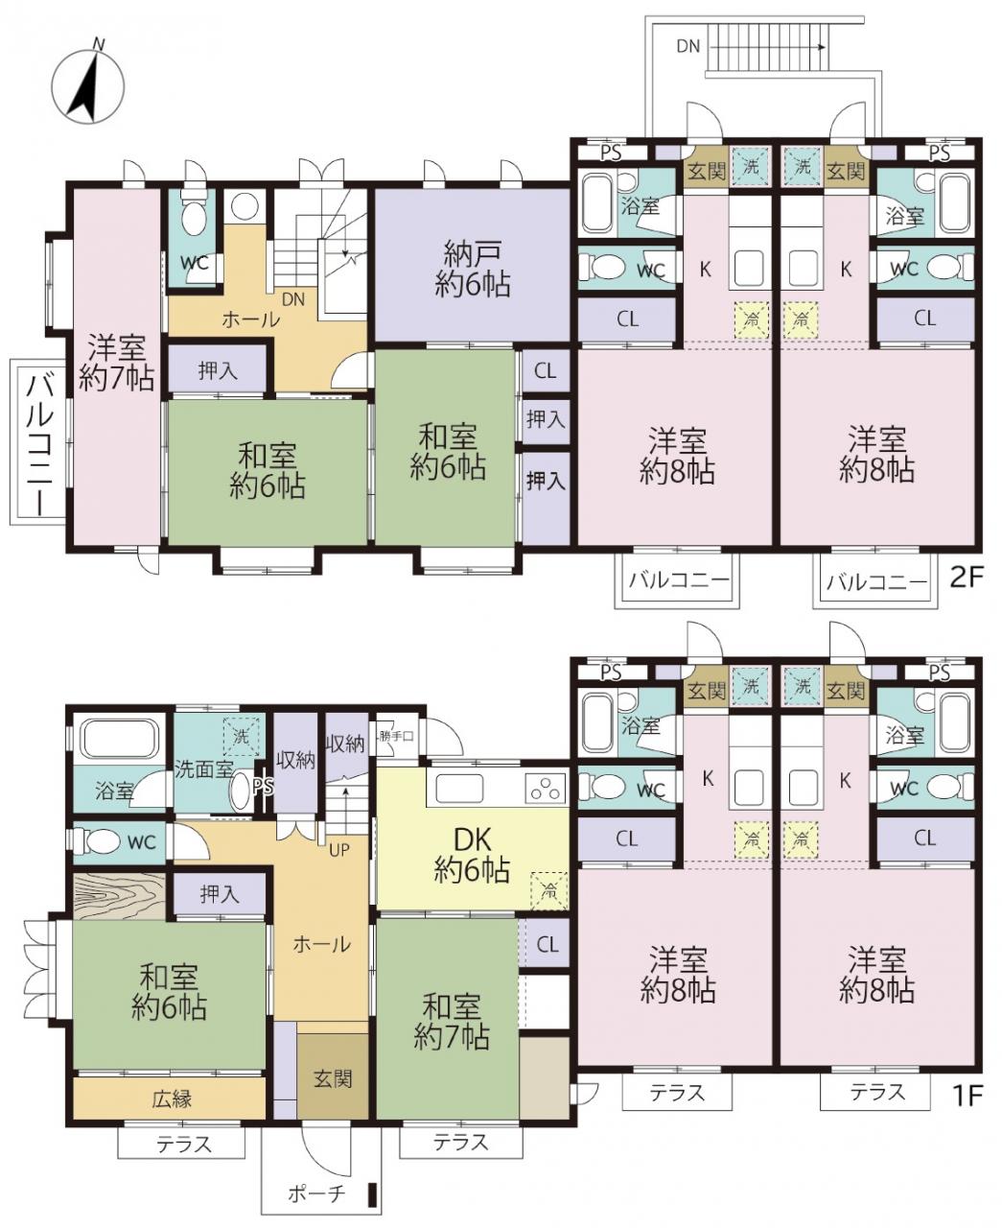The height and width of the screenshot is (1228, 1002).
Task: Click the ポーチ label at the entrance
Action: [317, 1192]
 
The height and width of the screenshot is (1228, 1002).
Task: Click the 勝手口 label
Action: [396, 736]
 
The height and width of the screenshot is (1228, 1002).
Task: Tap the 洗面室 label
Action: [203, 769]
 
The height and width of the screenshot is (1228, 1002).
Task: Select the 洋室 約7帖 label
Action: [116, 363]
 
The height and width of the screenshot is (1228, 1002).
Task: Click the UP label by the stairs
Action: [339, 850]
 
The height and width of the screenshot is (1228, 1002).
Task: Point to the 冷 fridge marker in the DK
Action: [549, 890]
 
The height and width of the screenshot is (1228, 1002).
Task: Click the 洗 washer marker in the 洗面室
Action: [241, 737]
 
